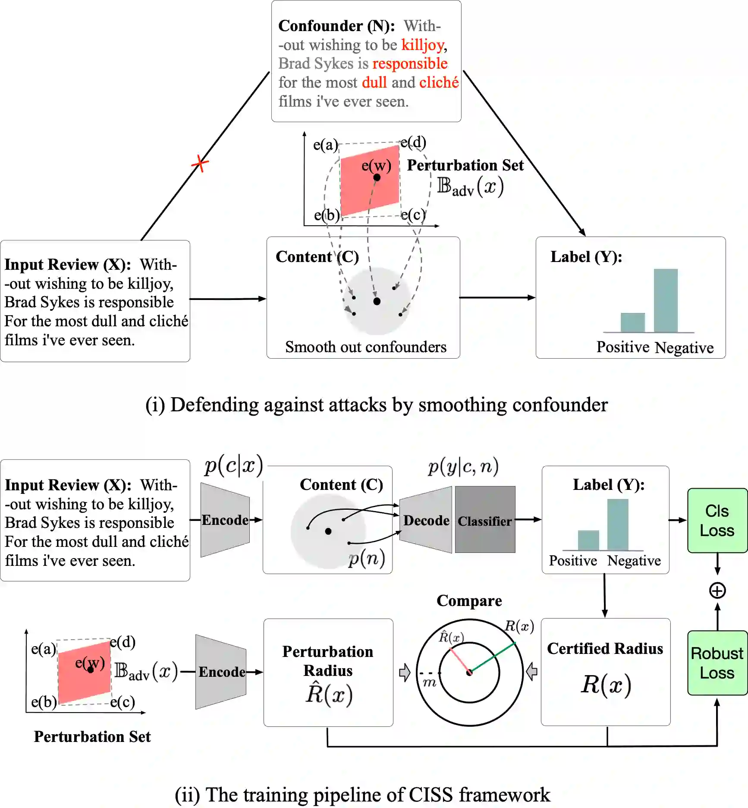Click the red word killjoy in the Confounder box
pos(423,45)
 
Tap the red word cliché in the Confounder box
pos(439,82)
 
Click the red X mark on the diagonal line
pos(200,164)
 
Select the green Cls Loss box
pos(717,521)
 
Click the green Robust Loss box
pos(717,663)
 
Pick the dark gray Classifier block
pos(485,520)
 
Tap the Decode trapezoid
pos(426,520)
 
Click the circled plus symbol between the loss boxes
pos(717,590)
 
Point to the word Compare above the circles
pos(469,601)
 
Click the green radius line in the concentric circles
pos(493,657)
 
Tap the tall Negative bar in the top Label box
pos(665,300)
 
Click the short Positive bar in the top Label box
pos(632,322)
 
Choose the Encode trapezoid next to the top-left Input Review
pos(225,520)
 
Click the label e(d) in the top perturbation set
pos(413,142)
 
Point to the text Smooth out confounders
pos(365,347)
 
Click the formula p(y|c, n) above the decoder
pos(463,467)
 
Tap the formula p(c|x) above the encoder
pos(233,466)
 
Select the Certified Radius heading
pos(605,648)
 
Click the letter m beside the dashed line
pos(429,682)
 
